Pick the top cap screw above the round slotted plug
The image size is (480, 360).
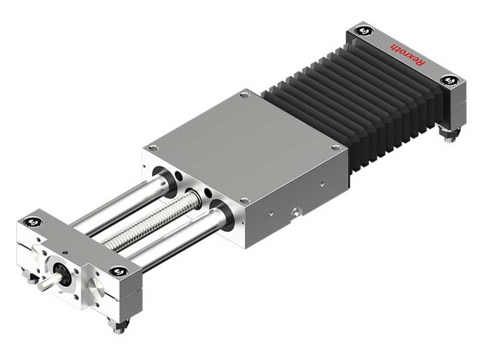click(x=118, y=271)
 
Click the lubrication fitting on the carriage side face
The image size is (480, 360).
click(x=295, y=211)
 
